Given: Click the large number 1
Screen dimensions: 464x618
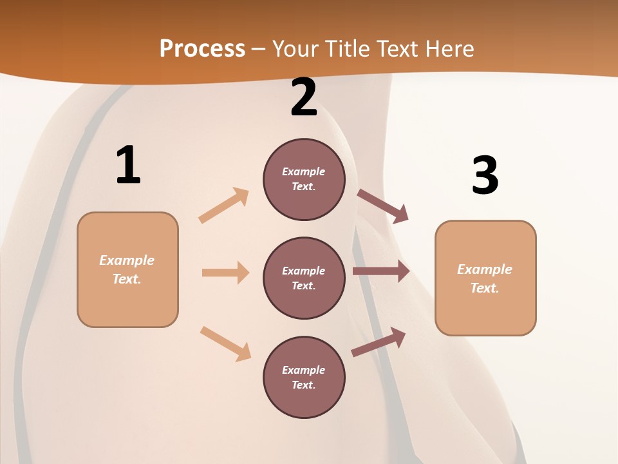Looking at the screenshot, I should pyautogui.click(x=128, y=166).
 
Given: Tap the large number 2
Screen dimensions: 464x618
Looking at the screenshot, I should pyautogui.click(x=304, y=98).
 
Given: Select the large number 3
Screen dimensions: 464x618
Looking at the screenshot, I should pyautogui.click(x=485, y=176).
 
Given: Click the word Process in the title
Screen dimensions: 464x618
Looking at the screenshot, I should pyautogui.click(x=202, y=49).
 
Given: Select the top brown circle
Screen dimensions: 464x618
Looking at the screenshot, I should pyautogui.click(x=304, y=179).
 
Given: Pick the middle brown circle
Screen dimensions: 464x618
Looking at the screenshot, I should pyautogui.click(x=304, y=278).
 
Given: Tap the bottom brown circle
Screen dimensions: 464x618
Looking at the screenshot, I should pyautogui.click(x=304, y=377).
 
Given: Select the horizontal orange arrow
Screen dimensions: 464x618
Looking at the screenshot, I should pyautogui.click(x=225, y=273).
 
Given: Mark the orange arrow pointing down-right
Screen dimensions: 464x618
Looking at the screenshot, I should pyautogui.click(x=226, y=343).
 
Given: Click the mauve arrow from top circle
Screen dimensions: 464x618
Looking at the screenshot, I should pyautogui.click(x=383, y=206).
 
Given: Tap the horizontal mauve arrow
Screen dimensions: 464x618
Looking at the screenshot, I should pyautogui.click(x=381, y=271).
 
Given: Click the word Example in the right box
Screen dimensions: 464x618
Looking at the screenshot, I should pyautogui.click(x=485, y=269).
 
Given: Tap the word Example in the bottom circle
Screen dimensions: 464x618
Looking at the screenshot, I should pyautogui.click(x=303, y=370).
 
